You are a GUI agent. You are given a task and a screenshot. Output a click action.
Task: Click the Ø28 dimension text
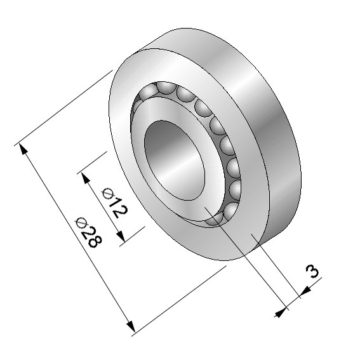89,232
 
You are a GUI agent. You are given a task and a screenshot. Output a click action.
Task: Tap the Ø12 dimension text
115,203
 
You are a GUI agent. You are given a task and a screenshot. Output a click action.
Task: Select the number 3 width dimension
312,271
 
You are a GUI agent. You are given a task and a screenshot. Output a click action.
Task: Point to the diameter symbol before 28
81,222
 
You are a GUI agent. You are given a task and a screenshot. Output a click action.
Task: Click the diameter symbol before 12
108,193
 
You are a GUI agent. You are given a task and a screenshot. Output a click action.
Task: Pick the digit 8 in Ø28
95,242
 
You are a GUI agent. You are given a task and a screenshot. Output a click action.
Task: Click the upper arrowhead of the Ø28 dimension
23,149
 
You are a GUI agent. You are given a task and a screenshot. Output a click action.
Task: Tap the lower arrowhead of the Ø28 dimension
131,326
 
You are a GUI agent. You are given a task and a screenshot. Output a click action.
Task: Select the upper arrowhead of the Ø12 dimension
86,178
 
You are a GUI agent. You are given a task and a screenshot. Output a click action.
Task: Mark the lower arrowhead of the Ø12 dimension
121,236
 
